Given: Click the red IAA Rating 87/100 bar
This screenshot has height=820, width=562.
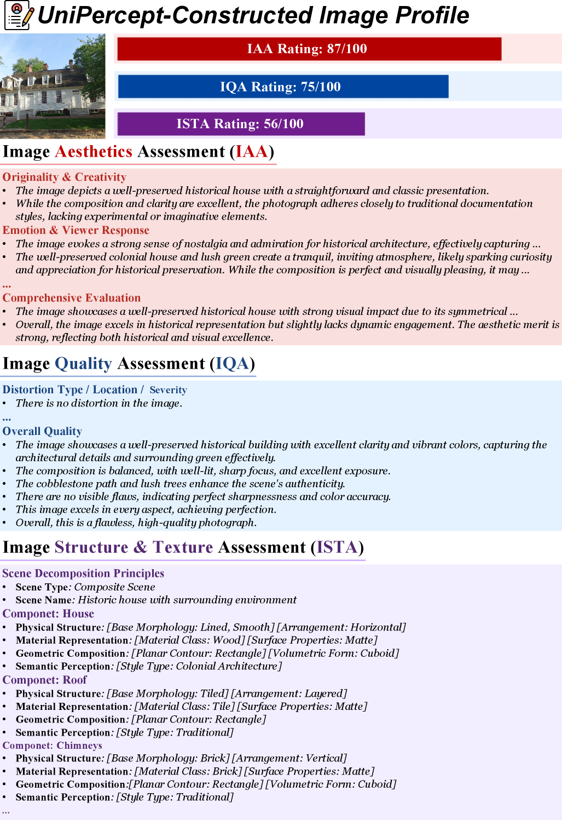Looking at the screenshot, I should point(309,49).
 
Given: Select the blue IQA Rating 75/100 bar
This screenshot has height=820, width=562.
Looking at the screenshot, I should point(283,87).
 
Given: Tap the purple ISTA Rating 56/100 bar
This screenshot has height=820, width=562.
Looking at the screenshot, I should point(241,124).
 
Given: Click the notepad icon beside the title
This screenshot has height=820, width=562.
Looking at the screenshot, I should point(19,15).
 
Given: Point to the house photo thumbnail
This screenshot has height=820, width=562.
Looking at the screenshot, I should point(53,86).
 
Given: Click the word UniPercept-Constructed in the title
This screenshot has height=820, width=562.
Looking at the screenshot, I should point(175,15).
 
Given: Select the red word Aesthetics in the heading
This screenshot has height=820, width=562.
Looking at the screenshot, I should point(94,152).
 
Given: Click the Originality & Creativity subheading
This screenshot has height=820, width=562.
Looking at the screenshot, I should point(65,177).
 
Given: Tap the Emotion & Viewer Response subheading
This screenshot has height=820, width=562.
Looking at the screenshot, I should point(76,230).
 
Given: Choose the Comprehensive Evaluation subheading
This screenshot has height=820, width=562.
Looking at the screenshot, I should point(72,298).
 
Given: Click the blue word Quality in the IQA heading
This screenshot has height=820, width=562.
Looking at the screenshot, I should point(83,364).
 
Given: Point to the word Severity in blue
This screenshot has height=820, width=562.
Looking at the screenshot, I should point(168,390).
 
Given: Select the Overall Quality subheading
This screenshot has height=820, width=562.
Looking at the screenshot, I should point(42,431).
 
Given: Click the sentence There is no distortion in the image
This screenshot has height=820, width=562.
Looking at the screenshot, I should point(99,403).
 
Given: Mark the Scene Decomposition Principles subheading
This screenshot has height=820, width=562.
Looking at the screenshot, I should point(83,573).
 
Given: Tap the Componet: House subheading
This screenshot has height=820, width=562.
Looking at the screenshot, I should point(48,613).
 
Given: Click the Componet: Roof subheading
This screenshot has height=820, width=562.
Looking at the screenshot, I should point(45,680).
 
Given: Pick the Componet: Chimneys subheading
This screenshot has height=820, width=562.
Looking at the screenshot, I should point(52,746).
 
